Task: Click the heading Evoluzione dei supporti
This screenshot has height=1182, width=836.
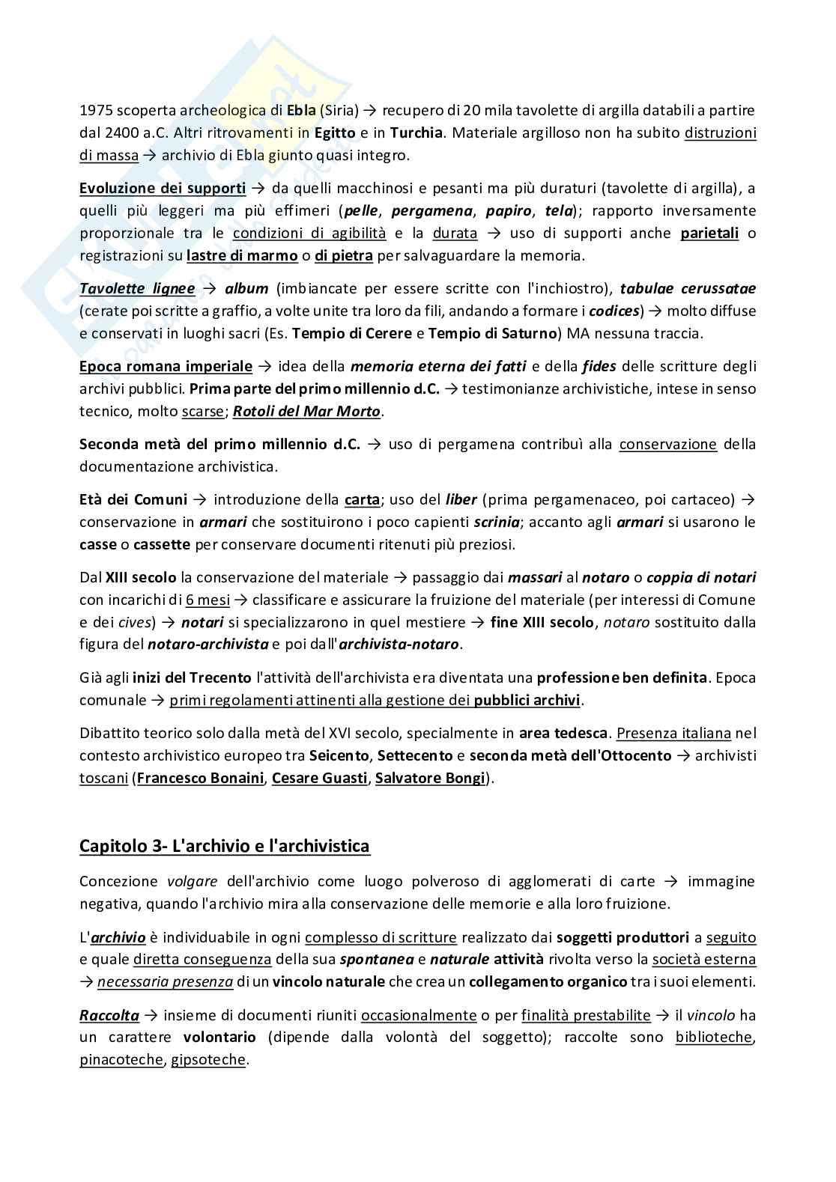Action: [x=163, y=188]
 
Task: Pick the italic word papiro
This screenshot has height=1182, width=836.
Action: [x=509, y=210]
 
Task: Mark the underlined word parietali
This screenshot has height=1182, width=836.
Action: [x=709, y=233]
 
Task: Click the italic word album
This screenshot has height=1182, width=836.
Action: [x=246, y=288]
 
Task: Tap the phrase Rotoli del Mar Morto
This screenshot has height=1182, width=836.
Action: [x=307, y=411]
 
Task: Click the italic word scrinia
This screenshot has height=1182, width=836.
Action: [x=495, y=522]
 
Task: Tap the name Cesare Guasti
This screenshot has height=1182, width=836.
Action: [x=319, y=778]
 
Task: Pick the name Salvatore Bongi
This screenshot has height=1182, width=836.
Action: [x=430, y=778]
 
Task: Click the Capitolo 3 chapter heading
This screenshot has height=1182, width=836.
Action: [x=225, y=846]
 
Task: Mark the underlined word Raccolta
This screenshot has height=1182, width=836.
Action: [x=109, y=1015]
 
